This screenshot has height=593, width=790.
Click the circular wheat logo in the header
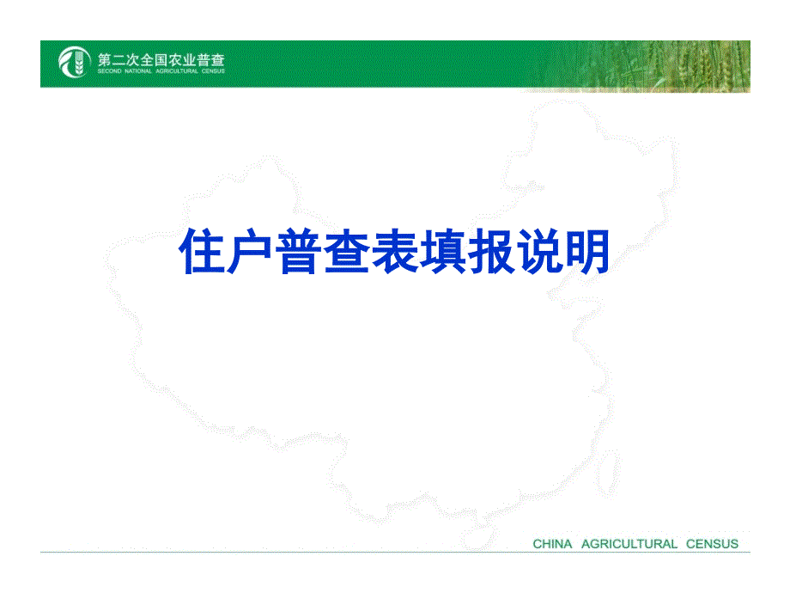tap(75, 62)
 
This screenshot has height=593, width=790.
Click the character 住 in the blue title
tap(202, 251)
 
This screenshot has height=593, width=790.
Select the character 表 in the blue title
tap(394, 251)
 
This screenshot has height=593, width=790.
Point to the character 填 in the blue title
tap(442, 251)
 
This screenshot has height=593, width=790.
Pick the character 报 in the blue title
tap(490, 251)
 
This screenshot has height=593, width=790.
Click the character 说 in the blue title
tap(539, 251)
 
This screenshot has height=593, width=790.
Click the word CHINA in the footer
tap(552, 544)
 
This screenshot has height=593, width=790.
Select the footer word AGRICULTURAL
tap(629, 544)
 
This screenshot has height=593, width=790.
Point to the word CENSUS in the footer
tap(712, 544)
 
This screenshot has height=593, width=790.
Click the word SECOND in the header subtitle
tap(109, 71)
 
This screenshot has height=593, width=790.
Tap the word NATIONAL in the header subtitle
tap(138, 71)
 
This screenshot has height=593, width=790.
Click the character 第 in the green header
tap(104, 60)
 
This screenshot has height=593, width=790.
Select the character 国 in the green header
tap(161, 60)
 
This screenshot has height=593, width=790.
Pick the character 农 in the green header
tap(175, 60)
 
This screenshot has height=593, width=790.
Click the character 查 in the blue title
tap(346, 251)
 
